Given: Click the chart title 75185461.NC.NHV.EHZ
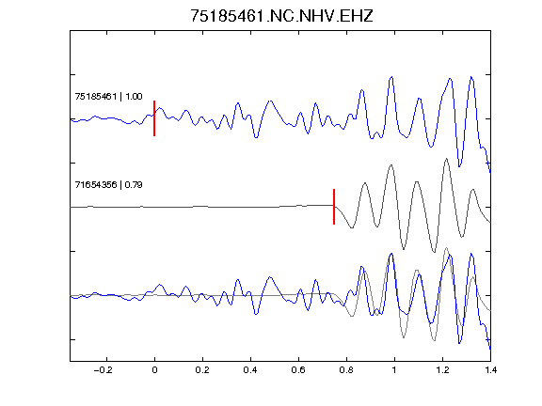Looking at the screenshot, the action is tap(281, 16).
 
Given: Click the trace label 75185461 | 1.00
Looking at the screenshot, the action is tap(108, 96).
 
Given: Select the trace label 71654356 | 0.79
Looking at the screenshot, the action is tap(108, 185).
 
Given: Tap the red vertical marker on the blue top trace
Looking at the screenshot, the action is tap(154, 118).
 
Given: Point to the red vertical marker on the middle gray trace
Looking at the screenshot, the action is tap(334, 207).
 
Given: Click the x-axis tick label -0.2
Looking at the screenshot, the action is tap(104, 370).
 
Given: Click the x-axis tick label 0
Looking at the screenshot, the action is tap(154, 370).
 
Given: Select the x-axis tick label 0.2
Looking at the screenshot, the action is tap(202, 370).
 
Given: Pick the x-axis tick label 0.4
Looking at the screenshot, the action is tap(250, 370).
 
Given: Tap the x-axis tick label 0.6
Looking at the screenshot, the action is tap(298, 370).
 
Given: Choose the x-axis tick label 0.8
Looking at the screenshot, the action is tap(346, 370).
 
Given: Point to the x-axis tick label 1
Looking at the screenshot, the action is tap(394, 370).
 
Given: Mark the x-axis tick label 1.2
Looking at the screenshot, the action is tap(442, 370).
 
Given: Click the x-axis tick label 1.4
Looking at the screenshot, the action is tap(490, 370).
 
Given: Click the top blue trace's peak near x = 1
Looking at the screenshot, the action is tap(391, 77).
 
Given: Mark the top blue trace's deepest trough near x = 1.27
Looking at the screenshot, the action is tap(459, 166).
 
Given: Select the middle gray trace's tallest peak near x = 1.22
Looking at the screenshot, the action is tap(447, 159).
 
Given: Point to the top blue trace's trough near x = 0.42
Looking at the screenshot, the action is tap(256, 137).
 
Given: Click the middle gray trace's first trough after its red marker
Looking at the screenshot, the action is tap(352, 227).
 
